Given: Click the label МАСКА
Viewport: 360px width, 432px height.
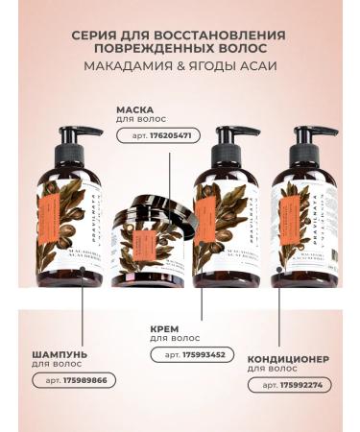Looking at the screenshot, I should click(136, 109).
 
